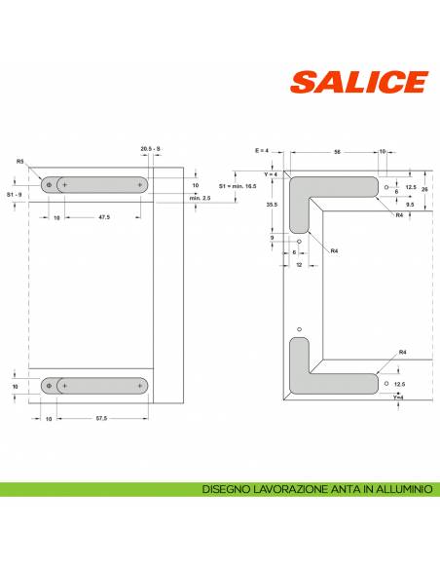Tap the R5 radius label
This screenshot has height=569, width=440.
(20, 161)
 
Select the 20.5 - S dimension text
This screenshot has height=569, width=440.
(150, 147)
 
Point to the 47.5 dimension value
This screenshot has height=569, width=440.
(102, 216)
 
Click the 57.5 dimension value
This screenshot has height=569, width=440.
(102, 418)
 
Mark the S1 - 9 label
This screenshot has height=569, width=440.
(16, 195)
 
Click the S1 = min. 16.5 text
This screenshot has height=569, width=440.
(238, 185)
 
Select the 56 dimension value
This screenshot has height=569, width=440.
(335, 152)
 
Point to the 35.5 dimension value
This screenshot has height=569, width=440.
(273, 205)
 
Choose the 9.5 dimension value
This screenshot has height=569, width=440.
(410, 206)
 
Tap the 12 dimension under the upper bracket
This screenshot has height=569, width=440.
(299, 264)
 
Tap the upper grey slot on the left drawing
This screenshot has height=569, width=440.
(95, 184)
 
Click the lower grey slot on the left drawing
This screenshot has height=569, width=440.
(95, 387)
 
